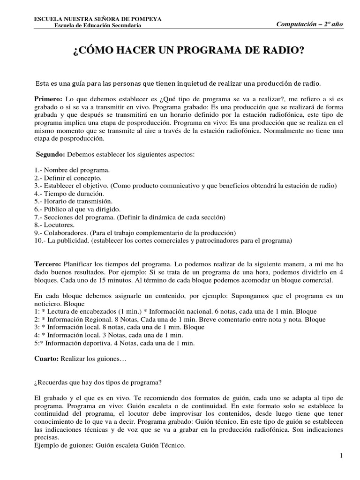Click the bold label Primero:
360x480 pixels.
(x=48, y=100)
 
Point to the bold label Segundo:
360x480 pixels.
(x=51, y=154)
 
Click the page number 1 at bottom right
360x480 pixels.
(x=342, y=455)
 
